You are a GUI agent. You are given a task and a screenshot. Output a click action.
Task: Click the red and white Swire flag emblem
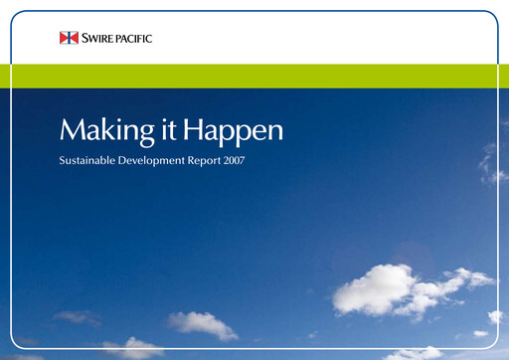(69, 38)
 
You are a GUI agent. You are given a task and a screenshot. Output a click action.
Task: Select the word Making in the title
(97, 130)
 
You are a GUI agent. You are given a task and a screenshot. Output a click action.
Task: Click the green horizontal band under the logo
(254, 76)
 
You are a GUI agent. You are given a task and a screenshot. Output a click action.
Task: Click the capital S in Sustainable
(63, 159)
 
